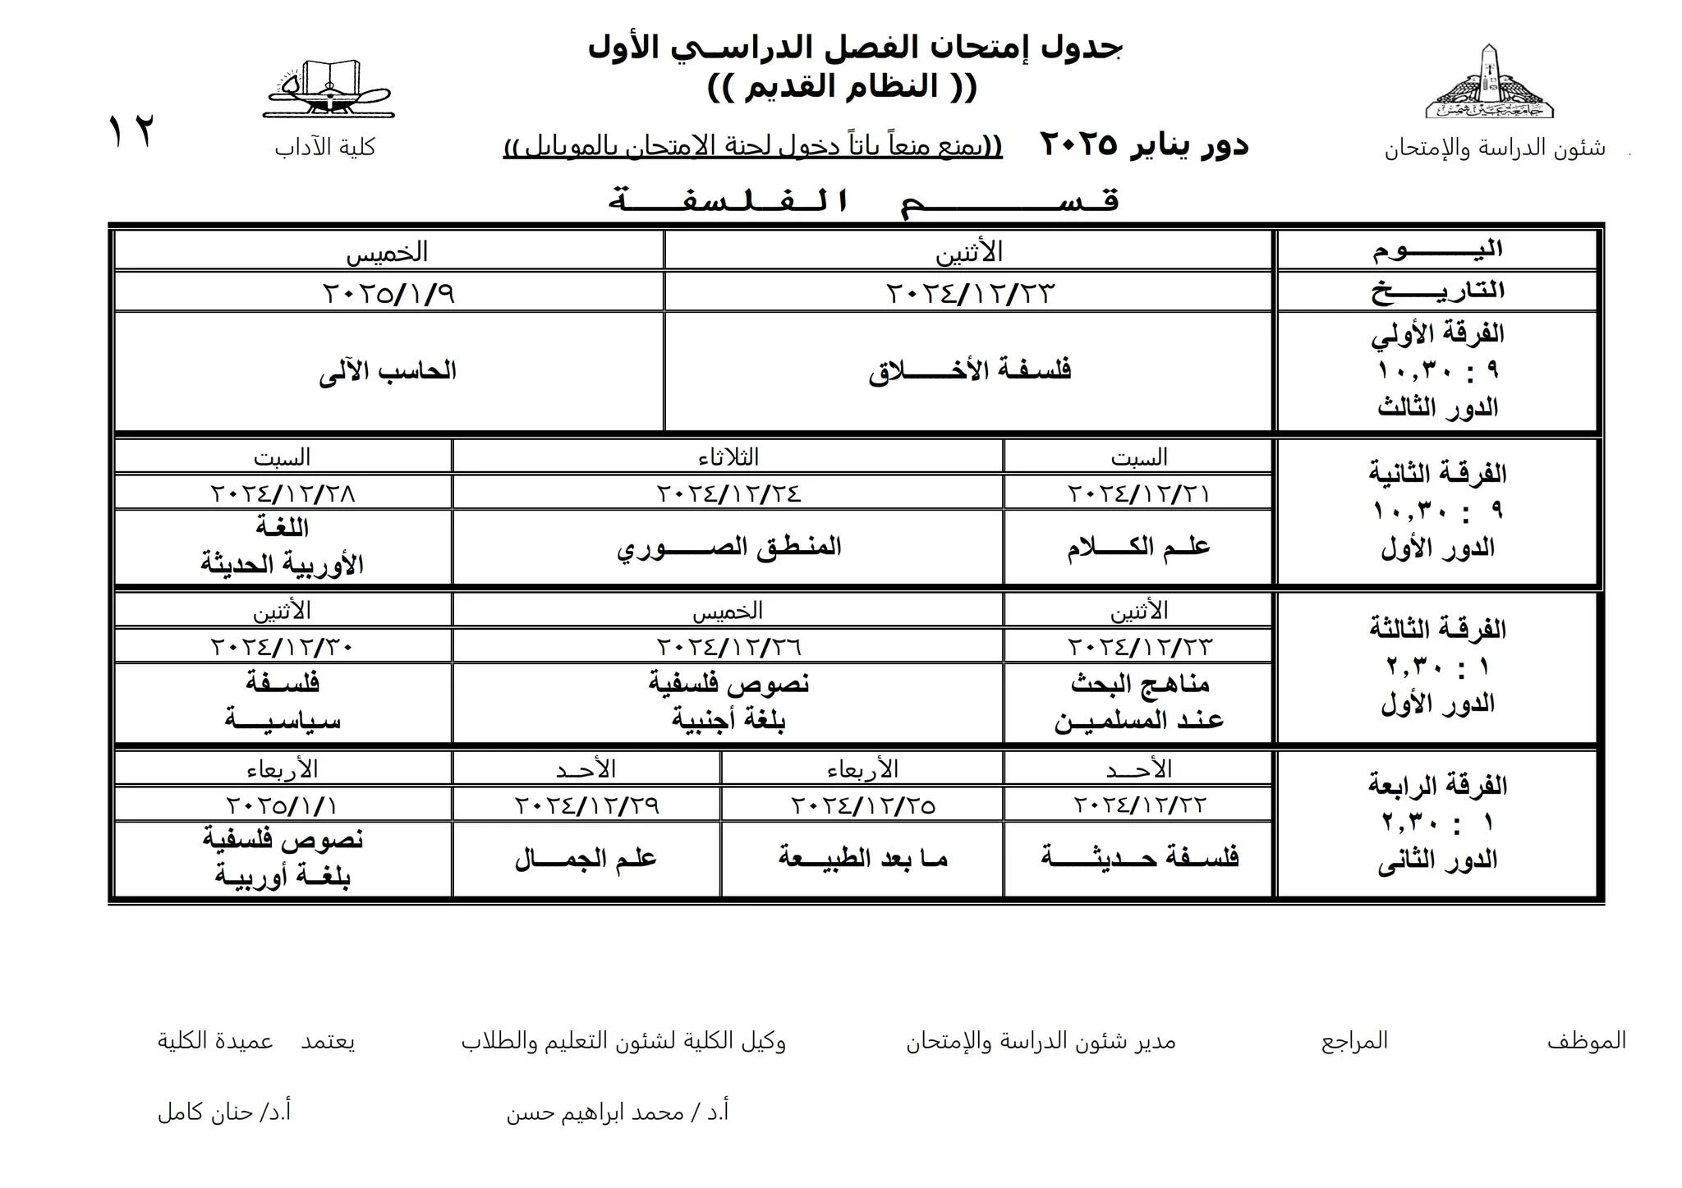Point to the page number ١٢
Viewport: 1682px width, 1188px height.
pos(131,131)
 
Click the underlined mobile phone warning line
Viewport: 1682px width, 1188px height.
pos(752,147)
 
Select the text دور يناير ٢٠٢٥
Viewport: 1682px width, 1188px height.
pos(1144,145)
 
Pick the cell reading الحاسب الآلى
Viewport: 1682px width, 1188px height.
pos(388,371)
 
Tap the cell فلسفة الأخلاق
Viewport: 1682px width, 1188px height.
pos(969,370)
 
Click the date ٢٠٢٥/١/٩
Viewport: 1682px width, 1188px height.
pos(388,292)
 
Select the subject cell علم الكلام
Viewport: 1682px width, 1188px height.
pos(1138,547)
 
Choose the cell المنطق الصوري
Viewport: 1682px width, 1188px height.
pos(728,547)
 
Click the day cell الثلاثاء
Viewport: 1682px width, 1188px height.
pos(728,456)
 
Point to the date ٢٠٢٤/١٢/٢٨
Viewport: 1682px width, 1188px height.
pos(283,493)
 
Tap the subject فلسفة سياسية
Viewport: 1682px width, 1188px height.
pos(283,702)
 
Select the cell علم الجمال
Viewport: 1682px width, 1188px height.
pos(586,859)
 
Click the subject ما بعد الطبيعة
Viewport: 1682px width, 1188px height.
pos(862,859)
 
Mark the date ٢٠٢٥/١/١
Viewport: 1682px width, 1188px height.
pos(283,805)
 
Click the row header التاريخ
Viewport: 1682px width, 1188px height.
pos(1437,291)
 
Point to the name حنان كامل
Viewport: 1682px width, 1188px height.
pos(224,1112)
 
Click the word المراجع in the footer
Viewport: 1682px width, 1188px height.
pos(1353,1041)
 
